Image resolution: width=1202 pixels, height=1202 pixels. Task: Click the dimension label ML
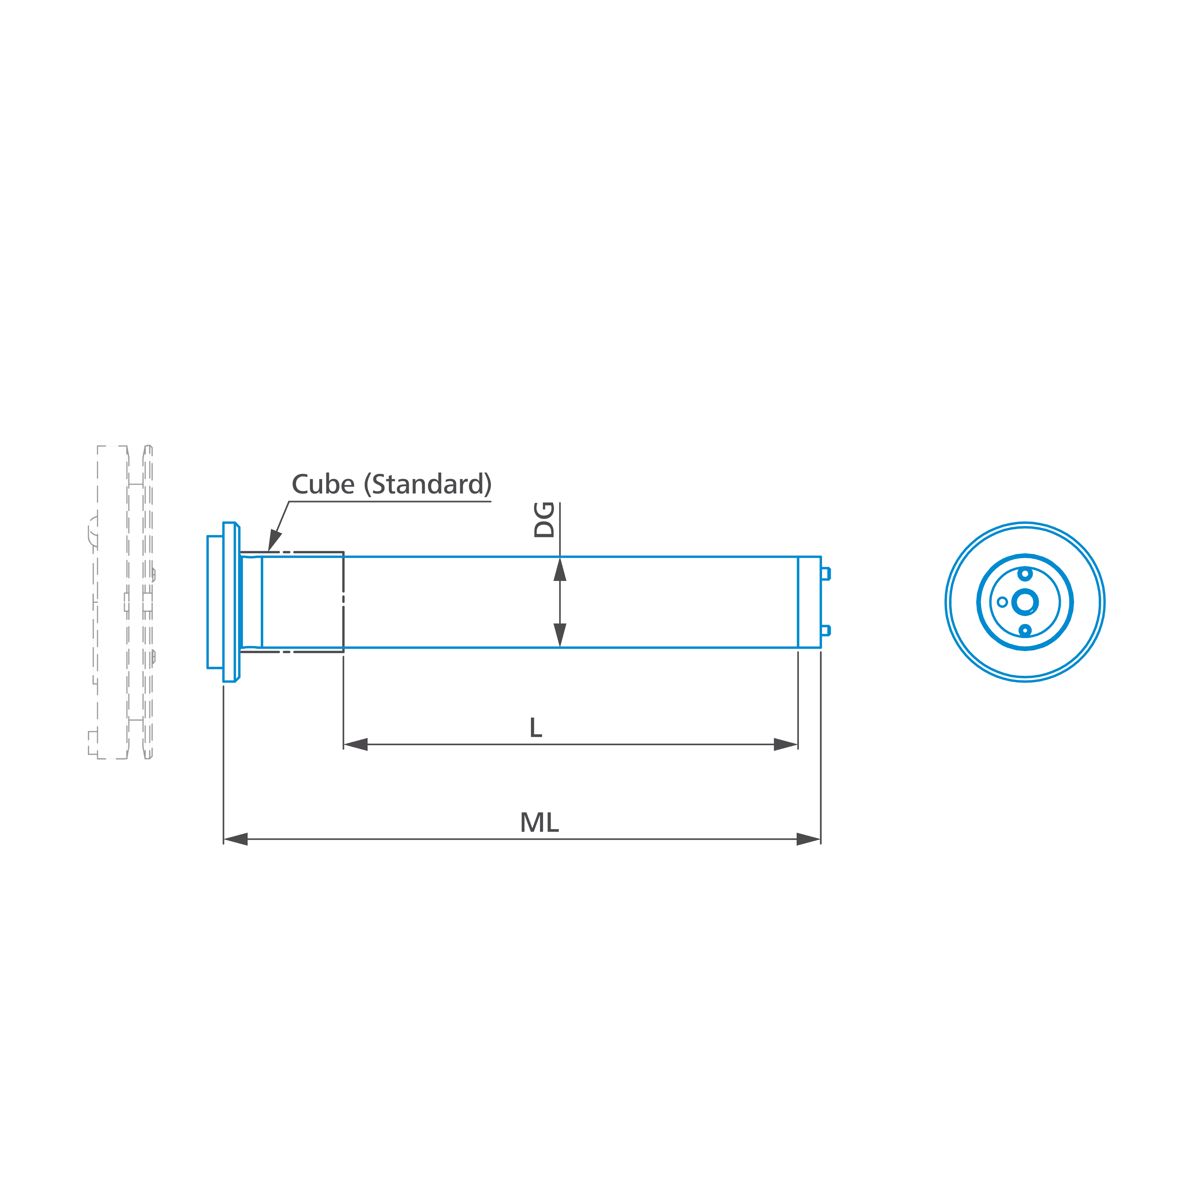coord(539,822)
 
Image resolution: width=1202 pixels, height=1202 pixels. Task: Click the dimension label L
coord(536,727)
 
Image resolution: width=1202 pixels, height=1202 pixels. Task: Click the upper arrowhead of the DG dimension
coord(560,569)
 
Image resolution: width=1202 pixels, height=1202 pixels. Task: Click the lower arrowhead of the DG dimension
coord(560,635)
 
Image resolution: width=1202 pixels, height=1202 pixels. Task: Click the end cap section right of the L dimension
coord(809,602)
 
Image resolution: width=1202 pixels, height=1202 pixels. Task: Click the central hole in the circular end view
coord(1025,602)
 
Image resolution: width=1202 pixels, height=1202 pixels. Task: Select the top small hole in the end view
coord(1025,573)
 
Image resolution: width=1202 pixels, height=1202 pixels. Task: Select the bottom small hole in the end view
coord(1025,631)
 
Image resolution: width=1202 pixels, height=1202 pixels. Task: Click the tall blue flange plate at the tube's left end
coord(229,602)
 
